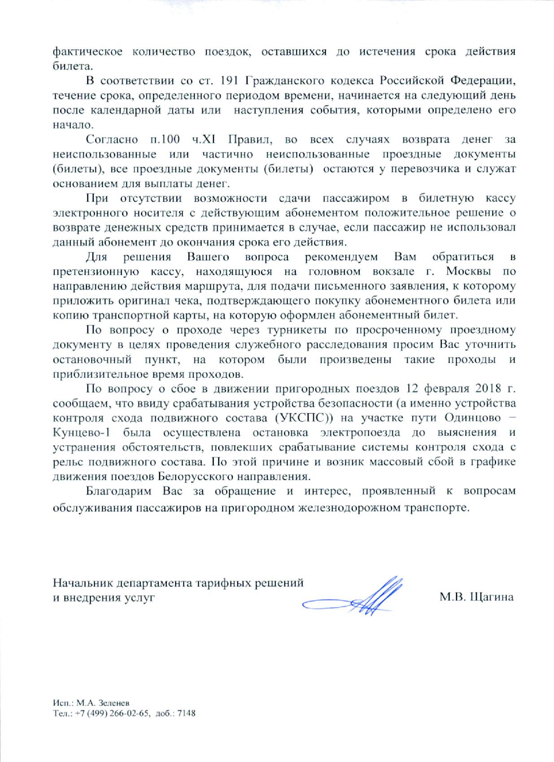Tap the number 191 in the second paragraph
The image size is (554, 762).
[230, 81]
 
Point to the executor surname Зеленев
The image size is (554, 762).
[111, 704]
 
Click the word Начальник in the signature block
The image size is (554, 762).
[83, 583]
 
